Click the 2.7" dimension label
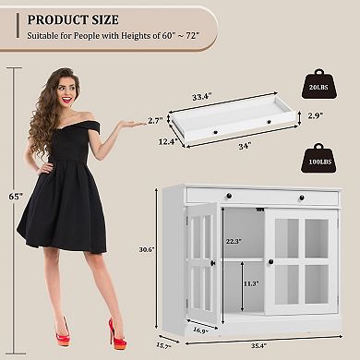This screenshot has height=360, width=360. pos(155,121)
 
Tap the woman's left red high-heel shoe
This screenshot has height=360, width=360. pos(64,330)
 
